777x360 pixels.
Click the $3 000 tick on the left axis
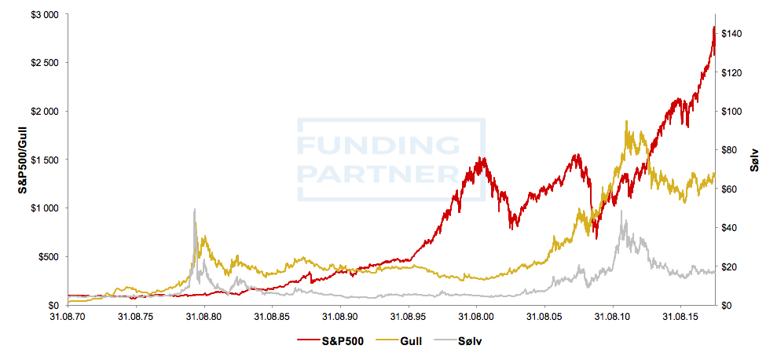(x=45, y=15)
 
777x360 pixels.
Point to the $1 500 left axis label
(x=45, y=160)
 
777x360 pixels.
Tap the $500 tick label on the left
(x=49, y=257)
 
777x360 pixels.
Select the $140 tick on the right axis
(x=731, y=34)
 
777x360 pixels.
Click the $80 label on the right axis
(x=729, y=150)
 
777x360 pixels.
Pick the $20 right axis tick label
(x=729, y=266)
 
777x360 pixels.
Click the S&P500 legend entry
(x=331, y=340)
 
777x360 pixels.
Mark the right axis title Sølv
(x=754, y=160)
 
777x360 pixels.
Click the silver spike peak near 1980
(x=195, y=209)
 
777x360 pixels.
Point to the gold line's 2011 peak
(x=627, y=121)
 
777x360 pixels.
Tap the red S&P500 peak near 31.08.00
(x=480, y=158)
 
